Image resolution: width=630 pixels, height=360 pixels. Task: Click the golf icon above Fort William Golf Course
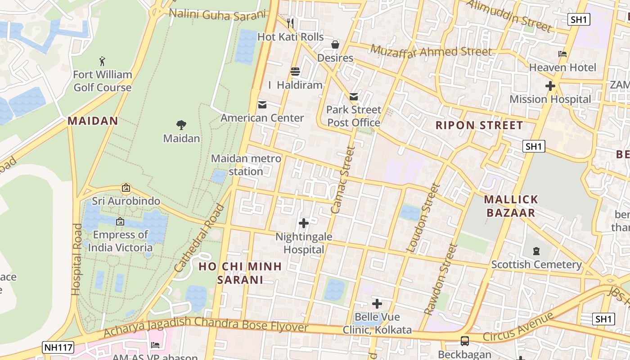(103, 61)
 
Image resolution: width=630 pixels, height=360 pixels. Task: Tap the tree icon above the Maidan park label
(181, 125)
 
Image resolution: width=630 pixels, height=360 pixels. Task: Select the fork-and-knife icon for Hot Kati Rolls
(290, 23)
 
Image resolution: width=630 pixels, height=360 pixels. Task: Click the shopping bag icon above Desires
(335, 45)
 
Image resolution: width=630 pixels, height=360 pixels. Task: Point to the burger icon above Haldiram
(295, 72)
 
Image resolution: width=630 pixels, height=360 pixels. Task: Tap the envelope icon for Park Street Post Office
(354, 96)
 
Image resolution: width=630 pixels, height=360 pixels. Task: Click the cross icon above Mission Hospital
(550, 85)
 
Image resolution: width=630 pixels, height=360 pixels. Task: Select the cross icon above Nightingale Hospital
(304, 223)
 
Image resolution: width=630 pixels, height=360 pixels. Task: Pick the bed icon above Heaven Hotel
(562, 54)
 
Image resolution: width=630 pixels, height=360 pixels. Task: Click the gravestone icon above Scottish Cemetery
(536, 251)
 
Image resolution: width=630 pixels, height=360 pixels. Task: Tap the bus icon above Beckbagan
(465, 341)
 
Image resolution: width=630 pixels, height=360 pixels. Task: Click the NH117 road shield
(58, 347)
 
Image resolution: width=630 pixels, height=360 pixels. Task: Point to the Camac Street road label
(343, 180)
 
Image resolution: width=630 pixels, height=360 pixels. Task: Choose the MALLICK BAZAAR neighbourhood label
(511, 206)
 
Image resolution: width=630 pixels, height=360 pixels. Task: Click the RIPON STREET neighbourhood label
(479, 125)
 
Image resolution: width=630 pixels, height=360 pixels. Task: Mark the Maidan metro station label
(246, 165)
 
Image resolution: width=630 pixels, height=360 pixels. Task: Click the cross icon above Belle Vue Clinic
(377, 304)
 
